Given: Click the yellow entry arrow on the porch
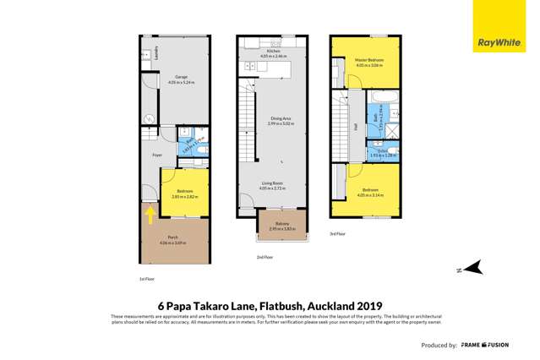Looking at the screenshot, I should coord(150,215).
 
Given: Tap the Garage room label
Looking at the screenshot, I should coord(180,77).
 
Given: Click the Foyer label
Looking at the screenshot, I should coord(157,155).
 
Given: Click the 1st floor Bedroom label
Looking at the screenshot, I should coord(185,191).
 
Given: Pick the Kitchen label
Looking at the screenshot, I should coord(273,51).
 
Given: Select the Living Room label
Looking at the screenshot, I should coord(272,182).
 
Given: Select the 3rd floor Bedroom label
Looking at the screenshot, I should coord(369,190).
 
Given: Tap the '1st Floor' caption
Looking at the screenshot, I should coord(146,277).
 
